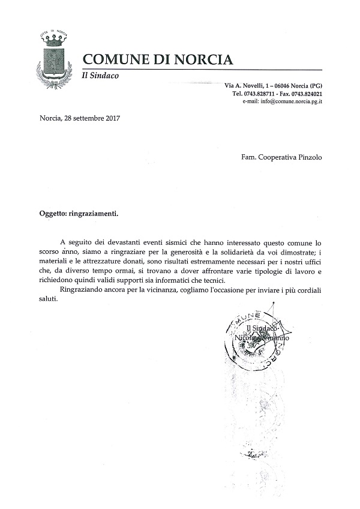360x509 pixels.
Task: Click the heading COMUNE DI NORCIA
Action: pyautogui.click(x=157, y=59)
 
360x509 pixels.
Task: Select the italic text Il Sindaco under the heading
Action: pyautogui.click(x=100, y=76)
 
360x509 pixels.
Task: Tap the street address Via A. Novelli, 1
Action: pyautogui.click(x=251, y=86)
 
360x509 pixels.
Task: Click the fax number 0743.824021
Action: pyautogui.click(x=306, y=94)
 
